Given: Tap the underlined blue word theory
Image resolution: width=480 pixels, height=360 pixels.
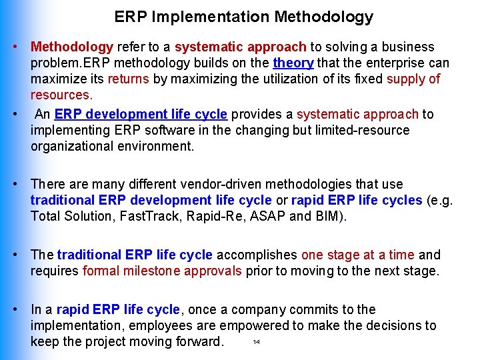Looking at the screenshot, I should point(293,63).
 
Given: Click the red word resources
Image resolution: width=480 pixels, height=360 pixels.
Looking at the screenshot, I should point(60,95).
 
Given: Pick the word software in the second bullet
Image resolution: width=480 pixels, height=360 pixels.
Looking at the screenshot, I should point(170,130).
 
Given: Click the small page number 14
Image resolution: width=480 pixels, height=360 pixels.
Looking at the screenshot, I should point(257,343).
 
